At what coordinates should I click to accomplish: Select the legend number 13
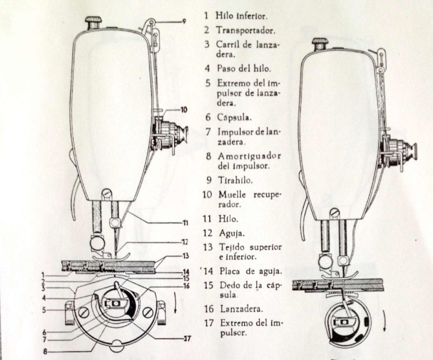[x=207, y=247]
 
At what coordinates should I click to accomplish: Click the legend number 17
[x=207, y=322]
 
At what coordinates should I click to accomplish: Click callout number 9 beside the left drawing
[x=184, y=21]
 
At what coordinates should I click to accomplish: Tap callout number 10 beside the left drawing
[x=184, y=110]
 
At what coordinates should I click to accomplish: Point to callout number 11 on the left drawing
[x=185, y=223]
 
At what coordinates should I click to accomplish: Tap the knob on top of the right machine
[x=318, y=43]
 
